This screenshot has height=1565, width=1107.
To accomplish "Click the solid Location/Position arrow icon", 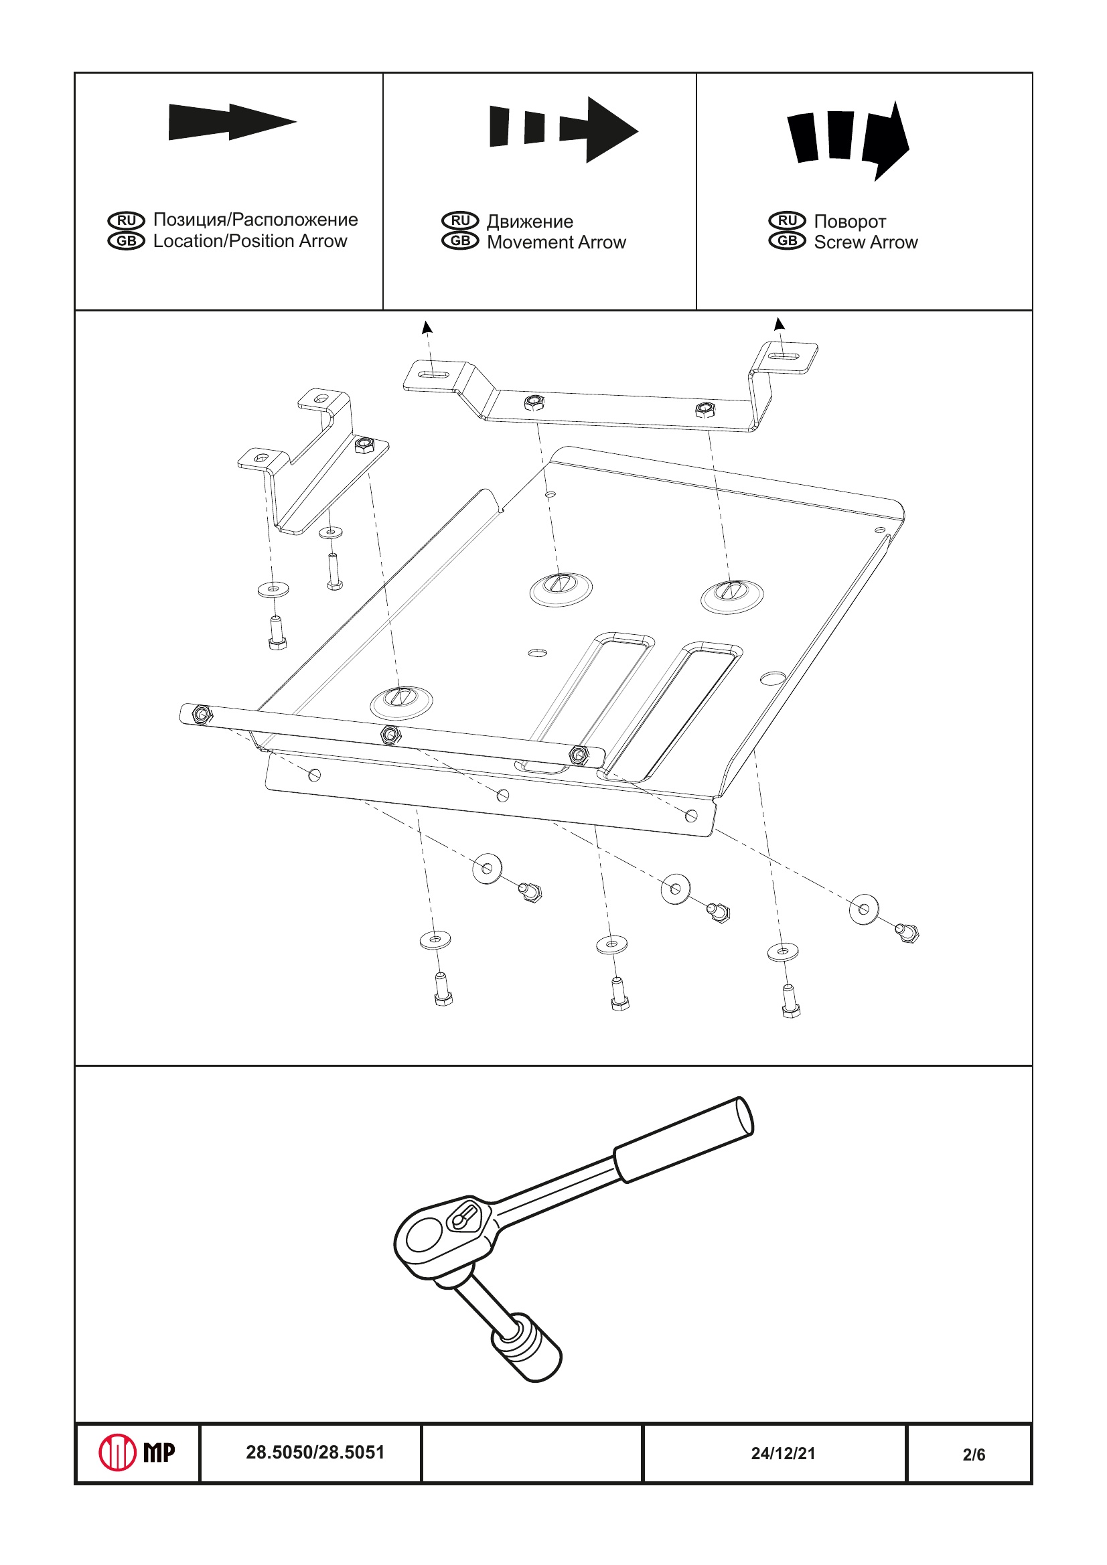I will pos(232,123).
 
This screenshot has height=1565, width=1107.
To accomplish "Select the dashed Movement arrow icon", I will pos(563,129).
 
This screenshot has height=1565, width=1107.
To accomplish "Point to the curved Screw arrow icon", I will pos(848,140).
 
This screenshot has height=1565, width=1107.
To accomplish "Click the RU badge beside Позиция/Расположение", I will pos(126,220).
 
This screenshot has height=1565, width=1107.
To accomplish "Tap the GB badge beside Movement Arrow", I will pos(460,241).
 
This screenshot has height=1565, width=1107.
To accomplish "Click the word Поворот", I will pos(849,222).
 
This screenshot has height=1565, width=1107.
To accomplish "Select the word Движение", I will pos(530,222).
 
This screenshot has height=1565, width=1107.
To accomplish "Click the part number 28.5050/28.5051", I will pos(315,1452).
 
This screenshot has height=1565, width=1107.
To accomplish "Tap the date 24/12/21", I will pos(782,1453).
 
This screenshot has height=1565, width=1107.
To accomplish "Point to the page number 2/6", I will pos(974,1455).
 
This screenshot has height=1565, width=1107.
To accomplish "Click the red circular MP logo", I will pos(117,1452).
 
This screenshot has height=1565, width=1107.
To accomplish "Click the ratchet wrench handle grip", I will pos(683,1140).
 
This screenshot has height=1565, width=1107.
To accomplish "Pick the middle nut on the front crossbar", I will pos(390,735).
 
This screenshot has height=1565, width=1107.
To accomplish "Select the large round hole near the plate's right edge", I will pos(772,679).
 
